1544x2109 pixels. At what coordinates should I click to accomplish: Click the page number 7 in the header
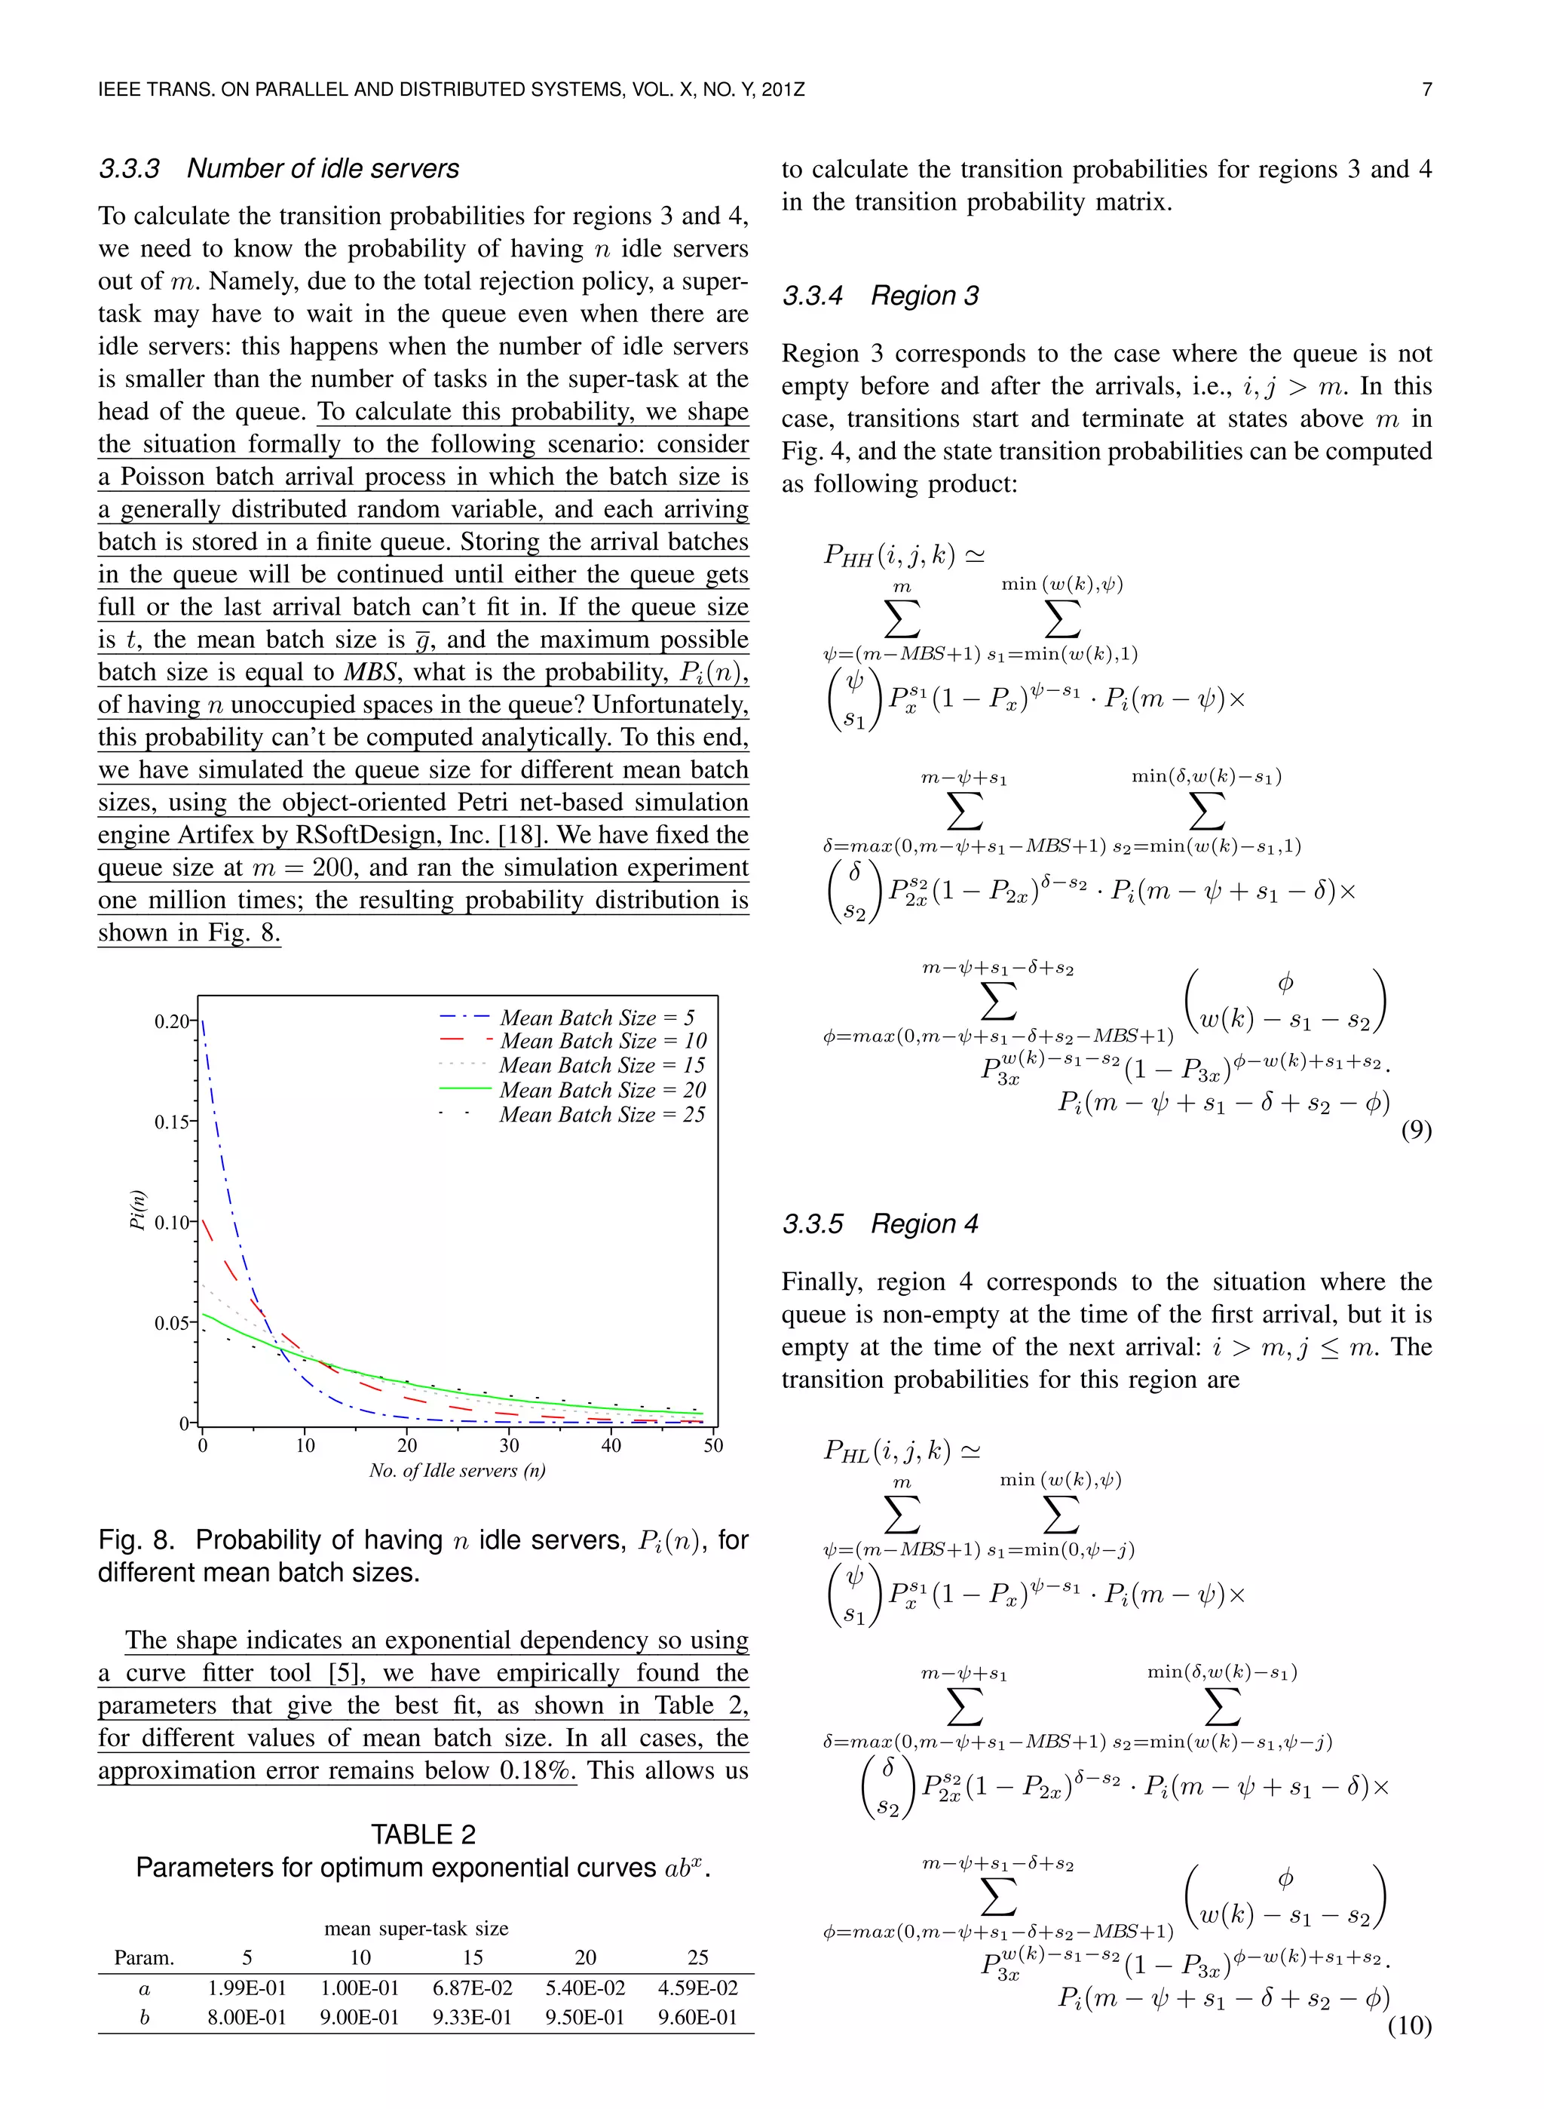[x=1426, y=91]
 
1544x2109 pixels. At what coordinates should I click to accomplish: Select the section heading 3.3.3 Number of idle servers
[x=278, y=168]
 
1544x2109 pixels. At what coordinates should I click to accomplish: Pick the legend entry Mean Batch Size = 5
[x=596, y=1017]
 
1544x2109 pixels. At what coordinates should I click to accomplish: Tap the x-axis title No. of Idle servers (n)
[x=457, y=1471]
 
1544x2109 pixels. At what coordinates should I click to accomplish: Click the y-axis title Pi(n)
[x=137, y=1210]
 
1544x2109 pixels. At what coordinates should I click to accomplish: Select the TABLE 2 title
[x=424, y=1835]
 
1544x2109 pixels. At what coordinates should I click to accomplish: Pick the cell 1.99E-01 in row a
[x=247, y=1988]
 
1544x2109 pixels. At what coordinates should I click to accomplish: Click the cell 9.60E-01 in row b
[x=697, y=2018]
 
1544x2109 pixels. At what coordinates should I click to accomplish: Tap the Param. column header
[x=144, y=1957]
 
